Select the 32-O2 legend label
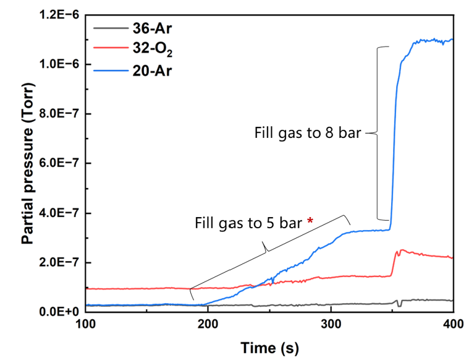(x=153, y=49)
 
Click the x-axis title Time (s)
(x=269, y=348)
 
